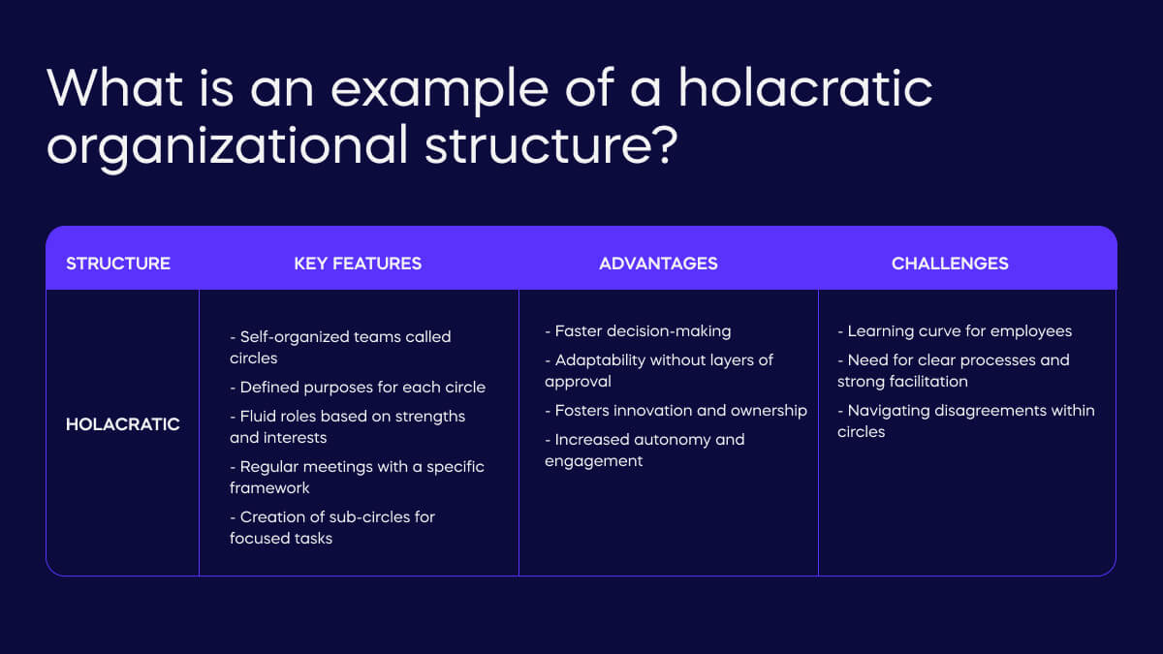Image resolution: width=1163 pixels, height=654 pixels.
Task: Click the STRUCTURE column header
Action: click(118, 264)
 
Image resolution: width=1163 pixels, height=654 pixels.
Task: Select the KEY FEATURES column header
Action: click(358, 264)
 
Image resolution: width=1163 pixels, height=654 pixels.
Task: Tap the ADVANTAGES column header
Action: click(658, 264)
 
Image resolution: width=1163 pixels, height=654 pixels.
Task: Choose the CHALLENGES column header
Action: click(950, 264)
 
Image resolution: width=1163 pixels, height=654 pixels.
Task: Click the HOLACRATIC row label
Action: click(123, 424)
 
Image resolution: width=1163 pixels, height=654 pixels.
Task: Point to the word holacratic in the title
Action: click(804, 88)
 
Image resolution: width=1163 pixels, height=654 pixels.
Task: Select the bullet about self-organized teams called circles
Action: click(340, 347)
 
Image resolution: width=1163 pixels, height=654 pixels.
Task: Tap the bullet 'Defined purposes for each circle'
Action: click(358, 387)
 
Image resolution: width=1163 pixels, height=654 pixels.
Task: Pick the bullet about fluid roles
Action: click(347, 426)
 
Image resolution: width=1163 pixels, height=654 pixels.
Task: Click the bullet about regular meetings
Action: click(357, 477)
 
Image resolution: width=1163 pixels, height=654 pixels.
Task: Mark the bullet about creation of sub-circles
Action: click(332, 527)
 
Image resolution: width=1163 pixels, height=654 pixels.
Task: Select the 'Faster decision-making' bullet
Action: click(638, 331)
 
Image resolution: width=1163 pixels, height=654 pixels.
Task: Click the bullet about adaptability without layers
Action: click(659, 370)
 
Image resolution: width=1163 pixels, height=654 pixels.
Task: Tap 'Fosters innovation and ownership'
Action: click(676, 410)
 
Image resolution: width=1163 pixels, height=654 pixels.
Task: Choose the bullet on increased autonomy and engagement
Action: click(644, 450)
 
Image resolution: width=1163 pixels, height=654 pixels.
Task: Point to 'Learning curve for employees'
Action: click(955, 331)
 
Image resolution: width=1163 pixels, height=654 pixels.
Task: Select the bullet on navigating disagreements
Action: click(966, 420)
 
